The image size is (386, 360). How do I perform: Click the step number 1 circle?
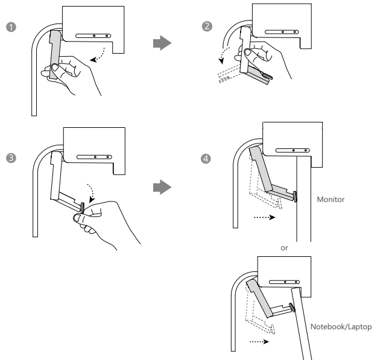coord(11,27)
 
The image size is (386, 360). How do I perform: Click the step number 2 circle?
coord(207,26)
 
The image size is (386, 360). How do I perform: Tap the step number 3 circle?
coord(11,158)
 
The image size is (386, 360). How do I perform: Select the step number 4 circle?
coord(206,159)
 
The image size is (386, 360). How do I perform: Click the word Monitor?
coord(331,200)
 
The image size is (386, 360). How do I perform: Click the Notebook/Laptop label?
coord(341,327)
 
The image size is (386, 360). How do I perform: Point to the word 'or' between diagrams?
coord(284,248)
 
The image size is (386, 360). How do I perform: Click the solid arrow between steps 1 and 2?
coord(162,43)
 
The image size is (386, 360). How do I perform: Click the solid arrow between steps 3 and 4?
coord(162,187)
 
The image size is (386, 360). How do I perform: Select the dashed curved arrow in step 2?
coord(224,53)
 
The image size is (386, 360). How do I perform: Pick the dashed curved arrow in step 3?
coord(92,191)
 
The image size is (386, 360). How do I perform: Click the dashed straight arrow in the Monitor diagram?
coord(264,217)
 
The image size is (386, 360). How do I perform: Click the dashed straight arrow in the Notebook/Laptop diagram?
coord(259,341)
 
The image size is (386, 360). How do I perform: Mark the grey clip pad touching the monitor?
coord(295,197)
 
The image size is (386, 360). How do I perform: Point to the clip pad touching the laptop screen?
coord(292,307)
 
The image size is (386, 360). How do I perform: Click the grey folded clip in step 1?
coord(55,54)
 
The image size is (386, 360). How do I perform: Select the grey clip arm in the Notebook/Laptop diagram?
coord(259,298)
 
